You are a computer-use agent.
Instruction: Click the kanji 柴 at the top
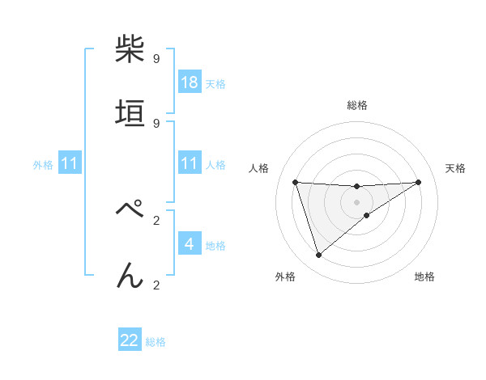point(130,49)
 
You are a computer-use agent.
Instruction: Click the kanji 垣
point(130,113)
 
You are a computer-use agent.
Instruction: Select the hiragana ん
point(130,275)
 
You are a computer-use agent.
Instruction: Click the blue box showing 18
point(189,82)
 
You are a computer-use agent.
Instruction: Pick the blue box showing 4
point(189,243)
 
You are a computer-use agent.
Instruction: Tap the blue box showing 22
point(130,340)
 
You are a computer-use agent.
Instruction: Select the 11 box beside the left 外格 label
point(69,163)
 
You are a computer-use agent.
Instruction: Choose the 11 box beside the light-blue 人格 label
point(189,163)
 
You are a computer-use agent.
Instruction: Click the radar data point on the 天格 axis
point(418,182)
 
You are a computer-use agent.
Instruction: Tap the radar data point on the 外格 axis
point(318,255)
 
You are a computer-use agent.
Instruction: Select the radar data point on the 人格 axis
point(295,182)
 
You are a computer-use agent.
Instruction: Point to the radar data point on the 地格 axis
point(367,215)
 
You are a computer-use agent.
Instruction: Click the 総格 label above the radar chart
point(356,105)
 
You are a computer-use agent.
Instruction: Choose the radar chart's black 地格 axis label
point(424,277)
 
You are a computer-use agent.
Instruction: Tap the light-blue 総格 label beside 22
point(156,342)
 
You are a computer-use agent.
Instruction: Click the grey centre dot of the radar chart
point(356,201)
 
